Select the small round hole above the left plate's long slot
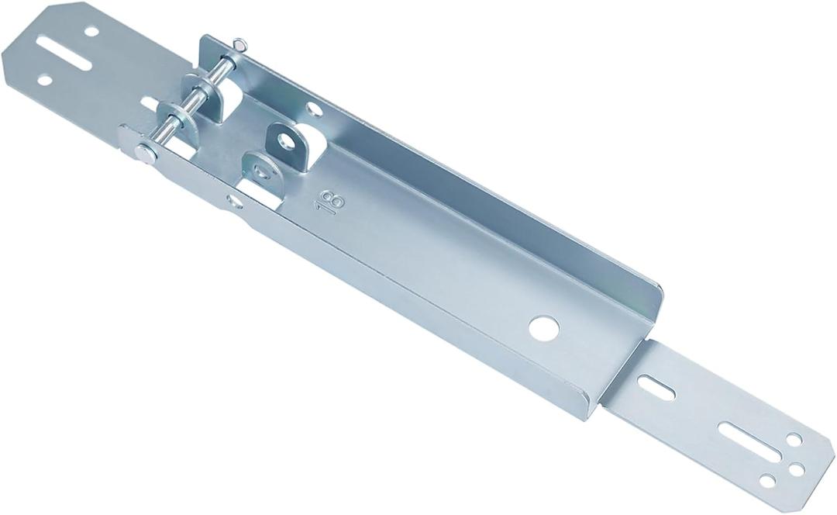pos(91,32)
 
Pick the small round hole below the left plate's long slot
pos(44,80)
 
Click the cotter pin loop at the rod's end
pos(241,46)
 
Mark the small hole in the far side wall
pos(314,109)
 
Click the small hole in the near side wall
pos(234,202)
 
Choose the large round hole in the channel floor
pos(544,327)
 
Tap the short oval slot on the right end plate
pos(656,386)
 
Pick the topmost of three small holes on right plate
pos(794,440)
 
